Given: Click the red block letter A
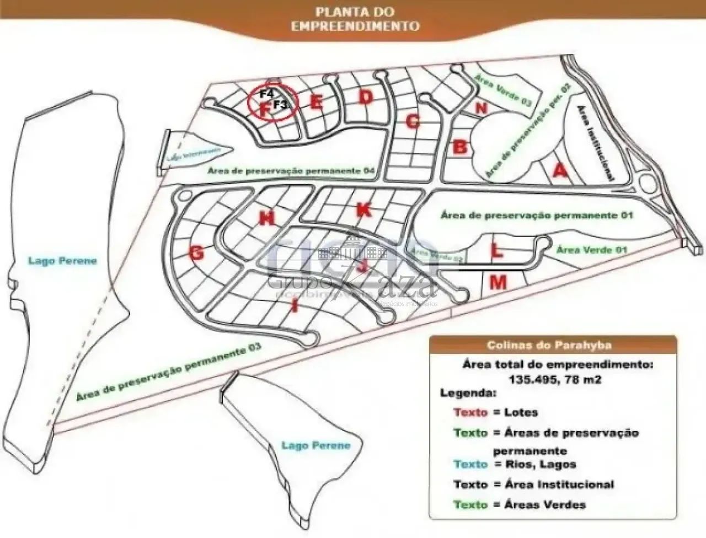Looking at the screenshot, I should tap(560, 171).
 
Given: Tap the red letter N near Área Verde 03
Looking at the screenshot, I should tap(481, 108).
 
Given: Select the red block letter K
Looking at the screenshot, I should tap(363, 209).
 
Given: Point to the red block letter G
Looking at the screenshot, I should tap(197, 253).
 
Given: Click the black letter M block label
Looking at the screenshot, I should tap(498, 283).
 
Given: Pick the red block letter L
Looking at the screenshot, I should tap(497, 251).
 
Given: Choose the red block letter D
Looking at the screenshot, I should tap(366, 97).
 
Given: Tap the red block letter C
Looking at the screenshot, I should tap(413, 121).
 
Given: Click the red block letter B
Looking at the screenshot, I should tap(460, 147).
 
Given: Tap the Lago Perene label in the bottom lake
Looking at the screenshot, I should tap(316, 445).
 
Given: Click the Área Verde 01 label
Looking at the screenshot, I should tap(592, 250).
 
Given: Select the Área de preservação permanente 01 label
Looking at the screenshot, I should tap(536, 215).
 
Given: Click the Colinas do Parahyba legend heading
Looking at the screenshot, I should tap(549, 346).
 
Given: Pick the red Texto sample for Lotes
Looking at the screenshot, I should tap(470, 412).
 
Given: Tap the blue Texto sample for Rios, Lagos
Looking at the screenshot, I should tap(470, 464).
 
